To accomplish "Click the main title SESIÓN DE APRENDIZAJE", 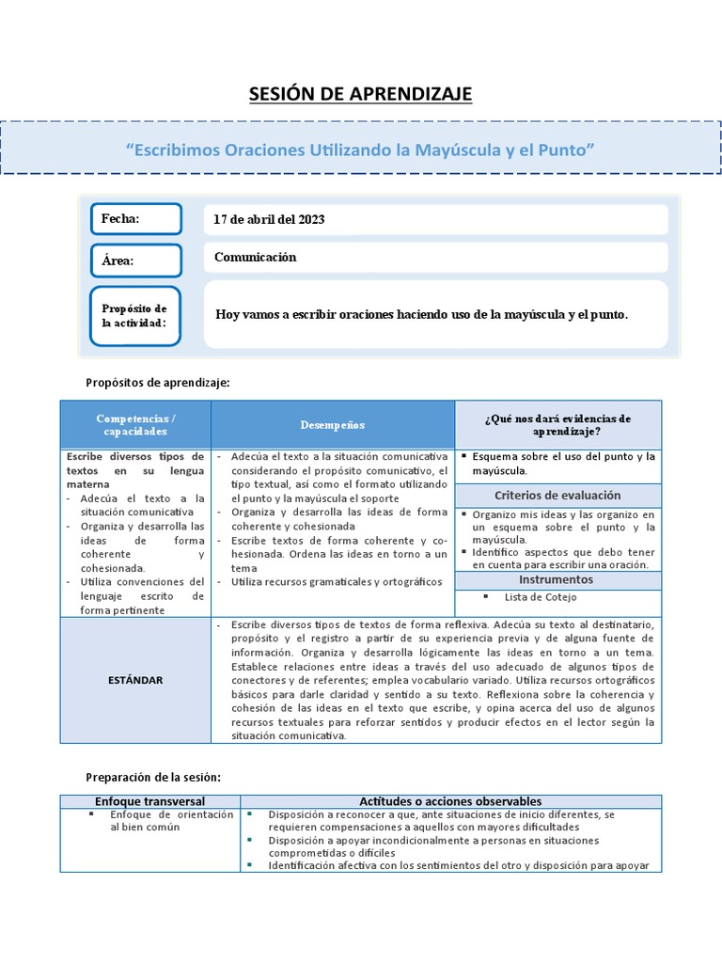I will [x=360, y=94].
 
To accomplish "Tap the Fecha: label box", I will [x=136, y=219].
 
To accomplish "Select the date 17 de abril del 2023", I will [x=269, y=219].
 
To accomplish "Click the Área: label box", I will [x=136, y=260].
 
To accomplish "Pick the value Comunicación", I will [x=255, y=257].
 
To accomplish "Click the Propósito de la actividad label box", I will [x=136, y=316].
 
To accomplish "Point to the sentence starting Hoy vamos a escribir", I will [x=421, y=314].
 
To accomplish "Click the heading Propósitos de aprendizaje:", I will [x=157, y=383].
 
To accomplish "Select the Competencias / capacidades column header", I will [x=135, y=424].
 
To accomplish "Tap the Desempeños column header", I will [x=332, y=425].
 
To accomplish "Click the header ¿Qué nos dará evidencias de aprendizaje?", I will [x=557, y=425].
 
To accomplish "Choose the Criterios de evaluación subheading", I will [x=557, y=496].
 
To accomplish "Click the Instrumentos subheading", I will [x=557, y=581].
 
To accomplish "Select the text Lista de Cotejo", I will [x=541, y=597].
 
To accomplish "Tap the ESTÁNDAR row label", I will [x=135, y=679].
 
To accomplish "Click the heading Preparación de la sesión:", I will [x=152, y=777].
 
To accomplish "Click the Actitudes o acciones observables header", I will [x=450, y=800].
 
